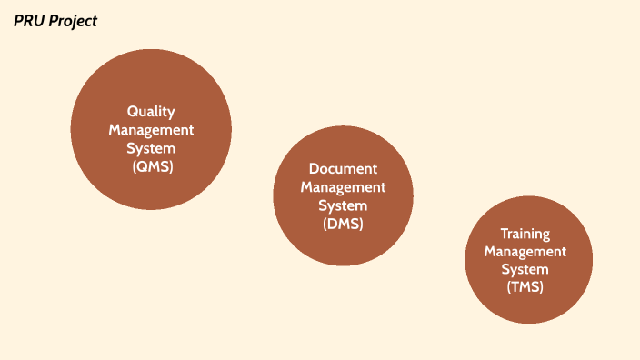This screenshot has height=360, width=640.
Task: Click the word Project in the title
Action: click(74, 21)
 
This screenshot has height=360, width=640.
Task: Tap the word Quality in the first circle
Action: click(151, 111)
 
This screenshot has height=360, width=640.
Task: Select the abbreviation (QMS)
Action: click(152, 167)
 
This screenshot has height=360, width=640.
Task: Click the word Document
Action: click(343, 169)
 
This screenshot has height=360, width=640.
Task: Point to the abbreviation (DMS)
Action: click(343, 225)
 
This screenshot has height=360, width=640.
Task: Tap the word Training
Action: click(525, 234)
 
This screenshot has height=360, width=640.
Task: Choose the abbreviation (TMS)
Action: click(525, 287)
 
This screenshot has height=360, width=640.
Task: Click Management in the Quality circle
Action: click(151, 130)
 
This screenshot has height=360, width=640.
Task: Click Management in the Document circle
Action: click(343, 187)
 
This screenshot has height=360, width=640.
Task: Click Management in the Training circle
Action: click(525, 252)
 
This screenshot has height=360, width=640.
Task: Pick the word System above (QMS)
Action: click(152, 148)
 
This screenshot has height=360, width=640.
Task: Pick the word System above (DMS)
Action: click(343, 205)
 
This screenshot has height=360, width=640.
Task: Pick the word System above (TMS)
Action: click(525, 270)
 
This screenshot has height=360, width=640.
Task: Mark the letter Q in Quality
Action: click(133, 111)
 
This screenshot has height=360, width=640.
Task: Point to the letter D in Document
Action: click(314, 169)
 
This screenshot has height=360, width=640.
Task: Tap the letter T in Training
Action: click(505, 234)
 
